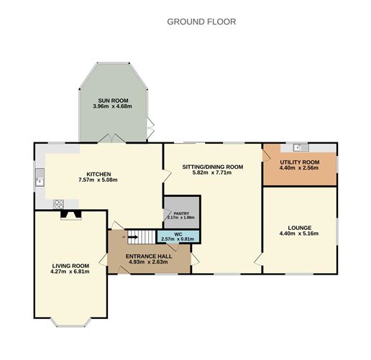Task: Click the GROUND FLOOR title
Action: (201, 22)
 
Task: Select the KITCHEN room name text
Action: (99, 174)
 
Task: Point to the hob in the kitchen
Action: (57, 204)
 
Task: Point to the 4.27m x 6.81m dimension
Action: (70, 272)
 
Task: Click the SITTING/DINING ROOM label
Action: (213, 167)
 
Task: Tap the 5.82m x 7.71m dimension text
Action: (213, 173)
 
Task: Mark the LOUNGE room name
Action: (300, 228)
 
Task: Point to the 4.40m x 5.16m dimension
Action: (300, 234)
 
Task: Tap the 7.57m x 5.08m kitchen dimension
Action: (99, 180)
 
